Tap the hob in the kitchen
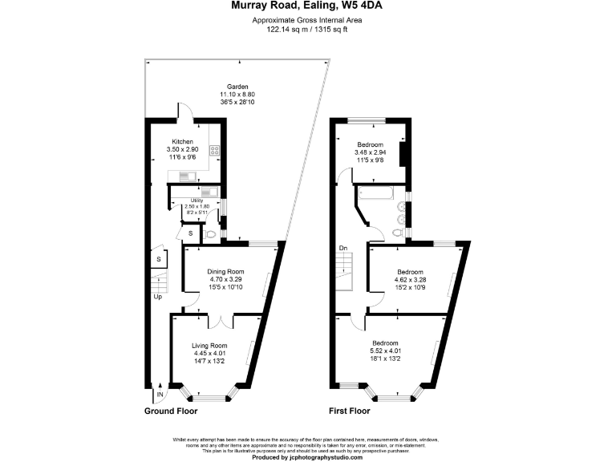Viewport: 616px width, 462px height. click(214, 150)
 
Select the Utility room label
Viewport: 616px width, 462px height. click(197, 201)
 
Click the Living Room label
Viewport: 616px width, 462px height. click(209, 346)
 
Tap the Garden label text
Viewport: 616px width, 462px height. click(237, 87)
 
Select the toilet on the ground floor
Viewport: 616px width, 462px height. click(210, 234)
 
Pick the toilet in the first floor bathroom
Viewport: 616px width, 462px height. click(398, 233)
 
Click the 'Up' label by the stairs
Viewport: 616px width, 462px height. click(158, 296)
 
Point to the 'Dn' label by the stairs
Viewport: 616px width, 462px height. click(343, 247)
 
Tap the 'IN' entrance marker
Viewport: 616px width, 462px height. click(160, 395)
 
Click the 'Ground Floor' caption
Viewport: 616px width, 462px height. click(171, 411)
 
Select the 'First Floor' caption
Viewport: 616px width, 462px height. click(350, 411)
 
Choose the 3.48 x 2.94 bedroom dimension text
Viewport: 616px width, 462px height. click(371, 152)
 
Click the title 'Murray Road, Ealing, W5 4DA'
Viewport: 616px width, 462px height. click(307, 6)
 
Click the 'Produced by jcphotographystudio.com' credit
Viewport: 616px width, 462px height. click(307, 457)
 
